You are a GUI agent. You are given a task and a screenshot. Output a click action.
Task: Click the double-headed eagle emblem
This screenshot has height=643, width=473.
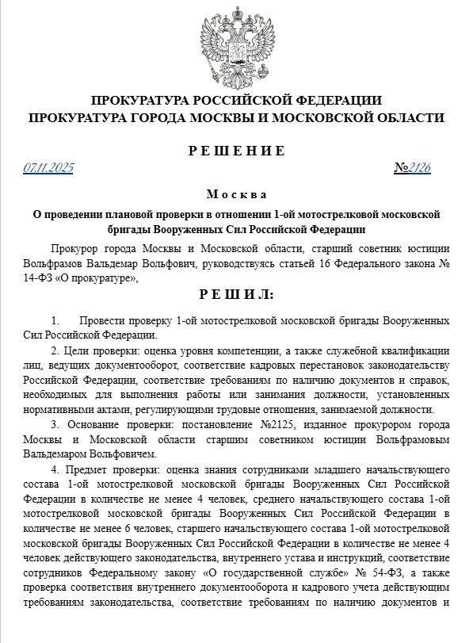tap(236, 46)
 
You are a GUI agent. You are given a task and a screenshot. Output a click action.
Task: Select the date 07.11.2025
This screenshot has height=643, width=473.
tap(48, 168)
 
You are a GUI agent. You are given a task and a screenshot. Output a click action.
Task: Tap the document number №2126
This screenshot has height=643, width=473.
tap(412, 168)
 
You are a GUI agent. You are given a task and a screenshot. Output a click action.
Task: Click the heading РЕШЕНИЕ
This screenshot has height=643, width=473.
tap(236, 151)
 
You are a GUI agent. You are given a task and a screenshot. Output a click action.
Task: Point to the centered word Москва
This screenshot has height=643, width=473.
tap(236, 194)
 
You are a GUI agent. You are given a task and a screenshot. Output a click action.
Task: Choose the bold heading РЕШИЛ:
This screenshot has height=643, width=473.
tap(236, 295)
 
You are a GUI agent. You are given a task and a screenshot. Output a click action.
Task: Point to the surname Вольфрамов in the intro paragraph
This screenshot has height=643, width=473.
tap(75, 263)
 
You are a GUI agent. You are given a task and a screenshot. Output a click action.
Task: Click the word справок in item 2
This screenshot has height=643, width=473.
tap(431, 380)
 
